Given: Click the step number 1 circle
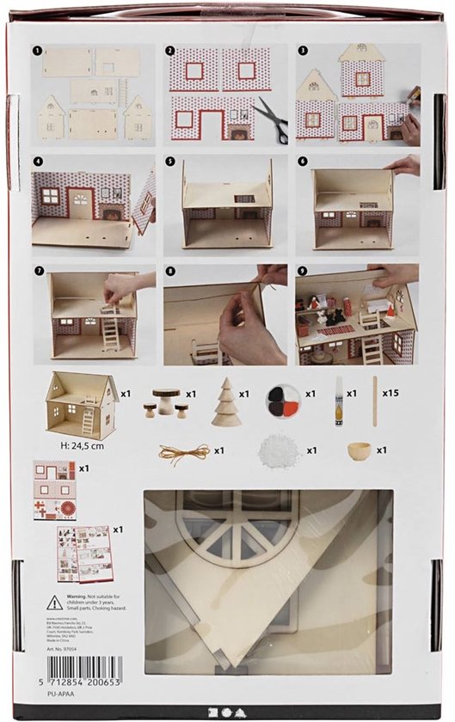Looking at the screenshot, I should click(x=38, y=51).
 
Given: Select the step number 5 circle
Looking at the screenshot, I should click(x=186, y=161).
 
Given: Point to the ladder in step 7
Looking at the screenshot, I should click(x=111, y=327).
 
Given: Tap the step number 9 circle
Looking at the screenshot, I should click(x=302, y=271).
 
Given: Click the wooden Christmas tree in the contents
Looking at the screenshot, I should click(x=226, y=401).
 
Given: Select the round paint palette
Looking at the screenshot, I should click(x=280, y=401).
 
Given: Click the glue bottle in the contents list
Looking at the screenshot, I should click(x=339, y=402).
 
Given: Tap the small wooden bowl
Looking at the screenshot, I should click(x=358, y=450).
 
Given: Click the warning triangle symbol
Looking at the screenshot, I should click(x=54, y=603).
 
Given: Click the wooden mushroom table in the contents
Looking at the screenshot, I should click(x=165, y=399).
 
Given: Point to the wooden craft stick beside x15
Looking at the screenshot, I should click(x=375, y=401).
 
